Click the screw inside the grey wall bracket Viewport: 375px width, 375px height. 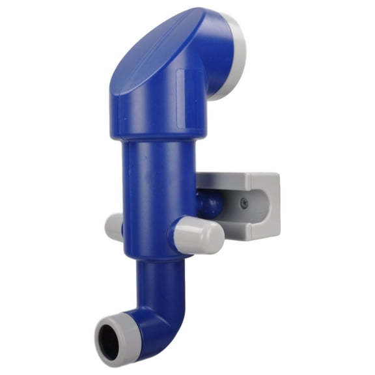point(244,202)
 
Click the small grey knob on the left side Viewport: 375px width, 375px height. point(113,227)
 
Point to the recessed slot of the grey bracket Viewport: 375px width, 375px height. point(251,208)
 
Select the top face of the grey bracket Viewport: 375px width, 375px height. point(238,177)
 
